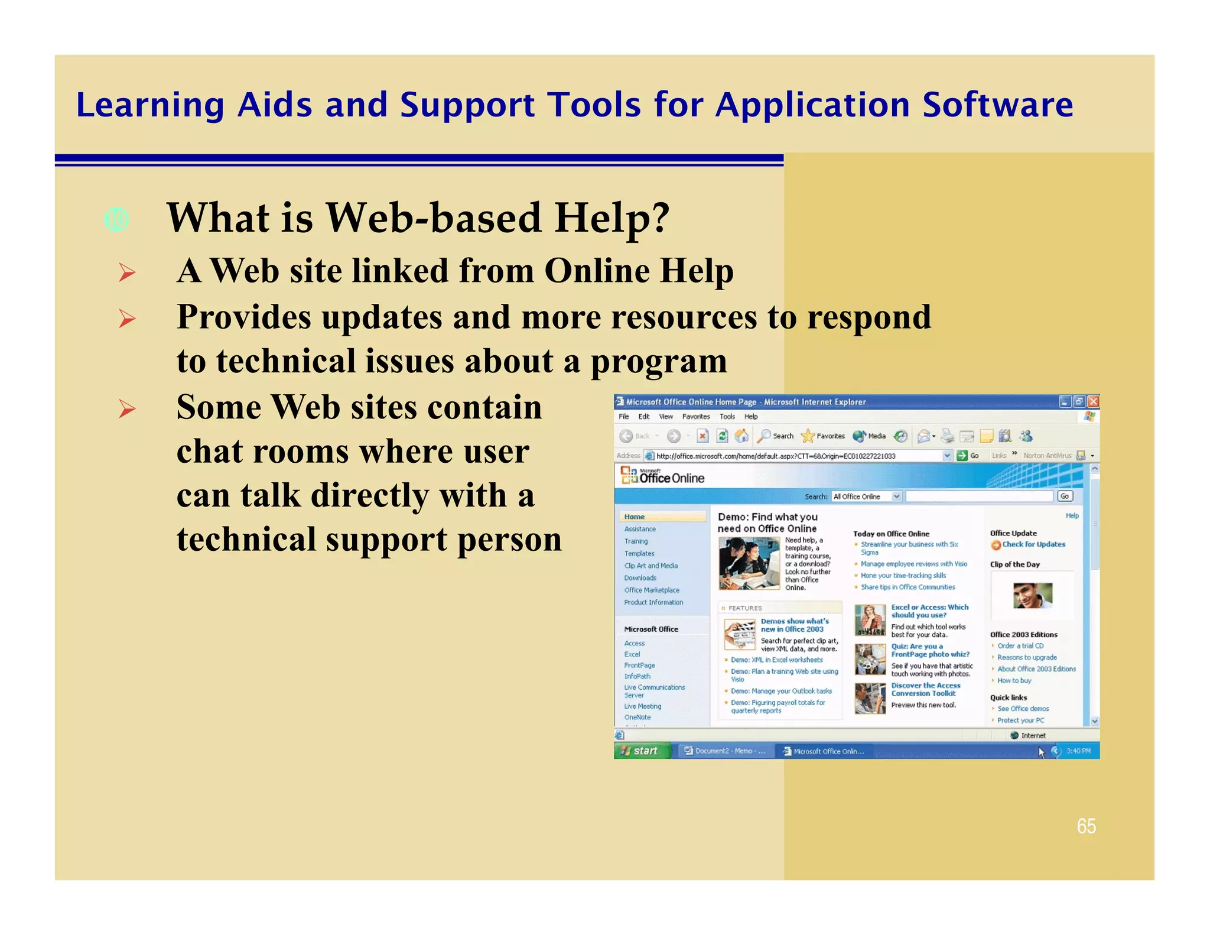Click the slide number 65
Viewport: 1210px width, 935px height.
(1086, 826)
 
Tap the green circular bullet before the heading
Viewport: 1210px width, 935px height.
(116, 220)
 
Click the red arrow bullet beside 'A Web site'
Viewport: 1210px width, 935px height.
(127, 272)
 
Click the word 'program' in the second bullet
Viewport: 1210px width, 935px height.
(659, 361)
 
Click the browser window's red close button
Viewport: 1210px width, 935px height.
(1093, 401)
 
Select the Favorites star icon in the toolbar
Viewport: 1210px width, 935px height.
(808, 436)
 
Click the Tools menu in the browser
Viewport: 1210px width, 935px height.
(727, 417)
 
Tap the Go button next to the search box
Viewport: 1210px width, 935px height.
(1065, 496)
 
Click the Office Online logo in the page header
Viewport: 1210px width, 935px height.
(663, 476)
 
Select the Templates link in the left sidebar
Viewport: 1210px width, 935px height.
(639, 553)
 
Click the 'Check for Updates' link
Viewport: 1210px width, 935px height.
(1033, 544)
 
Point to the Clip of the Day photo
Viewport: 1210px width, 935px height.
(1032, 595)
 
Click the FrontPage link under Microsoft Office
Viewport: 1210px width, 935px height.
(639, 665)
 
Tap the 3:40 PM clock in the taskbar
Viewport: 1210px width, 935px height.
(1078, 751)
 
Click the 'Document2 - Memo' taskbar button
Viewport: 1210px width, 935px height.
(724, 751)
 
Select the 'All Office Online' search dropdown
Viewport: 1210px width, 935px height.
(866, 496)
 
